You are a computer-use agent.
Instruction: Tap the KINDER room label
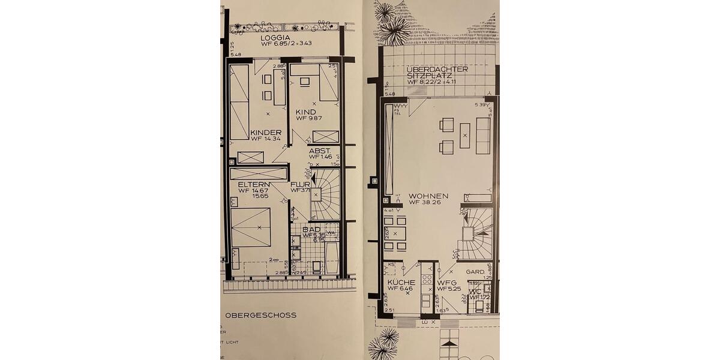point(266,133)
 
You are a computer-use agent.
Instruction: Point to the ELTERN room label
point(251,184)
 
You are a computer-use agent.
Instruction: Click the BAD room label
point(311,229)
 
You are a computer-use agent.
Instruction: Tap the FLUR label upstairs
point(300,184)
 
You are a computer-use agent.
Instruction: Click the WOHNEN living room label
point(428,196)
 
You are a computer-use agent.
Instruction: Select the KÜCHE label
point(401,282)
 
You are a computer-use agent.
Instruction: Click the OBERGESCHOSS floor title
point(260,315)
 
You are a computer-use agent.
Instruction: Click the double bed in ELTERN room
point(251,227)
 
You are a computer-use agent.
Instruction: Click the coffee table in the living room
point(464,136)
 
